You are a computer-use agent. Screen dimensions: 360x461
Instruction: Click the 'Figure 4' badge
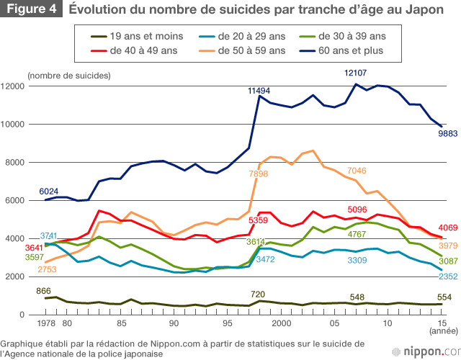click(x=31, y=10)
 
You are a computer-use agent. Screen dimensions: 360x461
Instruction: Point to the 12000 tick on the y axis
click(x=14, y=86)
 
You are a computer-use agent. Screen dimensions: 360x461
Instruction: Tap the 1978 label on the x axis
click(x=46, y=323)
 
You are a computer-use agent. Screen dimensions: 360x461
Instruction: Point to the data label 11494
click(x=259, y=91)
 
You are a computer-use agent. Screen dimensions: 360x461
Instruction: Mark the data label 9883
click(x=447, y=133)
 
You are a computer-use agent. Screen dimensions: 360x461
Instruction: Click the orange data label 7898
click(x=259, y=174)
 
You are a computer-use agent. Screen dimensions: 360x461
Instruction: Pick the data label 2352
click(x=447, y=276)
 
